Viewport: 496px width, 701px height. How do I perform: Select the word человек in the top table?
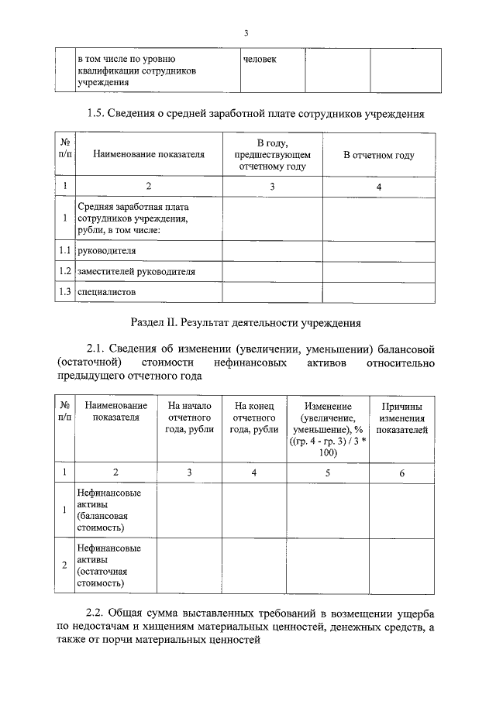pyautogui.click(x=260, y=59)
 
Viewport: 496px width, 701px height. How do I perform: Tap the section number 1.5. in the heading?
pyautogui.click(x=101, y=114)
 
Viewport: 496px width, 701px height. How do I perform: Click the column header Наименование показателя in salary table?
pyautogui.click(x=149, y=155)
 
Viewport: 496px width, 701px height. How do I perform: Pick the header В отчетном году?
pyautogui.click(x=378, y=155)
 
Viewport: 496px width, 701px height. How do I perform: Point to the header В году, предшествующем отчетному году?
pyautogui.click(x=272, y=155)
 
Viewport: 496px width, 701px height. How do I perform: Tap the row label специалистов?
pyautogui.click(x=106, y=292)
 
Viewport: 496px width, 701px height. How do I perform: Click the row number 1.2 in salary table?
pyautogui.click(x=66, y=272)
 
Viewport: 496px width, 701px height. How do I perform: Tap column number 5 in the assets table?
pyautogui.click(x=327, y=472)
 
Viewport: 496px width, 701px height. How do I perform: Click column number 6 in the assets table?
pyautogui.click(x=401, y=472)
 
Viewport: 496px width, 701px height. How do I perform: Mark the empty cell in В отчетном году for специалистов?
pyautogui.click(x=378, y=292)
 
